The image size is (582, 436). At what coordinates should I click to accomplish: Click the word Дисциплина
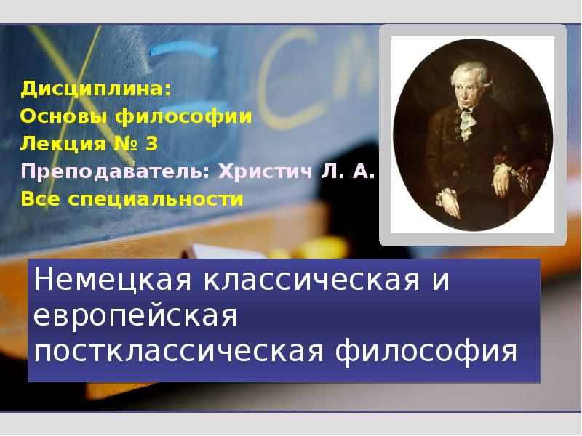(96, 89)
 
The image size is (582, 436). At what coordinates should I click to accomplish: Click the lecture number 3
(151, 144)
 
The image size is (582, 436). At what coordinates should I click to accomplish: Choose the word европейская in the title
(137, 315)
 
